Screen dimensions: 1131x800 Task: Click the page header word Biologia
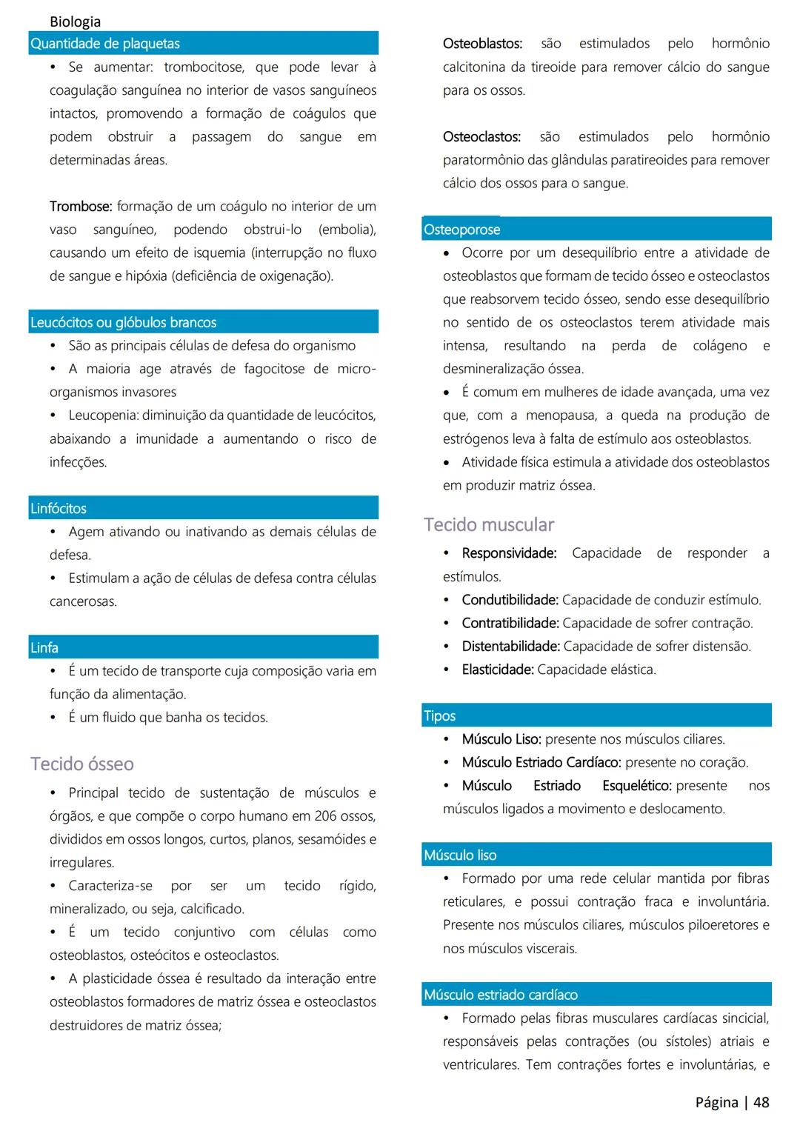(75, 21)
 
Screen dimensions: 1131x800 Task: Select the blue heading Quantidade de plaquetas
(105, 44)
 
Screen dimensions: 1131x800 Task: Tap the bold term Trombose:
(81, 206)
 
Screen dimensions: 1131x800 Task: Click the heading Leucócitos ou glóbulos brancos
(124, 322)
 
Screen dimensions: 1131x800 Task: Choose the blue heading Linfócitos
(59, 508)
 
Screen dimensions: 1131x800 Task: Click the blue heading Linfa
(44, 647)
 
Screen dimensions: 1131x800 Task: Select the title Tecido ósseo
(82, 764)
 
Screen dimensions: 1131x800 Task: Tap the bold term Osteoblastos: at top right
(482, 44)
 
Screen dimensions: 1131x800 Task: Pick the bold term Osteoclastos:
(481, 137)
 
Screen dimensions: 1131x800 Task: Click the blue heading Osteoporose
(462, 230)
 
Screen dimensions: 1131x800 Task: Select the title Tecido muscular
(489, 524)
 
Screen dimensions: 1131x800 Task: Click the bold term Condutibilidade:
(510, 600)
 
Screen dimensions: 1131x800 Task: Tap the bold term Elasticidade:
(497, 670)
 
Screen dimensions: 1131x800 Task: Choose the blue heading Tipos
(440, 716)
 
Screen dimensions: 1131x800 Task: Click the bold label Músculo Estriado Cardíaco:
(541, 762)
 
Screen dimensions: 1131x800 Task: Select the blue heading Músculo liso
(460, 855)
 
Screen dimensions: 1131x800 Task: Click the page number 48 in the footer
(761, 1102)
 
